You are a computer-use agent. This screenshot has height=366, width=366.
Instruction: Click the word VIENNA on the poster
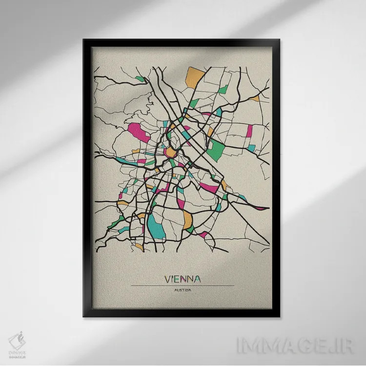point(183,279)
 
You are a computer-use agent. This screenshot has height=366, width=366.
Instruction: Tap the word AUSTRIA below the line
point(182,291)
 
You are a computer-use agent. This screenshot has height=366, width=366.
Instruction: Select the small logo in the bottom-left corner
point(18,342)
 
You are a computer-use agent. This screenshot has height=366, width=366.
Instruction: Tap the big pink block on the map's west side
point(139,132)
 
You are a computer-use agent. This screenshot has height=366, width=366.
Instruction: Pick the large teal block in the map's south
point(157,225)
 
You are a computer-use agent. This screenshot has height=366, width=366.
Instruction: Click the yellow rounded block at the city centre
point(171,153)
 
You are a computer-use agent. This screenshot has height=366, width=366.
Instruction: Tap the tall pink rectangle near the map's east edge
point(249,131)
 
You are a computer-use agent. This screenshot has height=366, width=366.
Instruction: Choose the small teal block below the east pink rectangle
point(251,147)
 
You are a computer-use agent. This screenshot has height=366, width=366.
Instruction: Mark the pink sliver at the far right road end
point(262,208)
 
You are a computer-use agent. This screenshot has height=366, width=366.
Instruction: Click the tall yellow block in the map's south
point(188,220)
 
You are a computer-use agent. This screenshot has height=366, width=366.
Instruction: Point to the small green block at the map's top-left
point(141,79)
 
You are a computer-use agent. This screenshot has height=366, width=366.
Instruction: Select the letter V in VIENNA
point(168,279)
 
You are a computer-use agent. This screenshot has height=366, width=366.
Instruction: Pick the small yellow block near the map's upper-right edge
point(254,99)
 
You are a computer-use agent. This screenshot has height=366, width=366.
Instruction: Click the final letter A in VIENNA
point(197,279)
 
